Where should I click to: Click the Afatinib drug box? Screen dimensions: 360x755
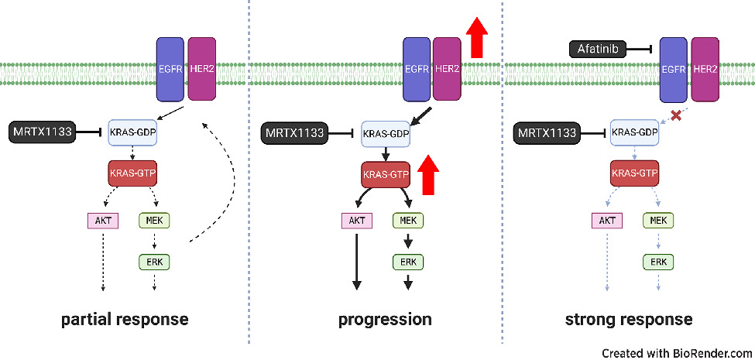(x=600, y=50)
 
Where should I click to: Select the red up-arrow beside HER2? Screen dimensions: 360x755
(x=479, y=38)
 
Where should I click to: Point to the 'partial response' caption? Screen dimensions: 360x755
(x=125, y=319)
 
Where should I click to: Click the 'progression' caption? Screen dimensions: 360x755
(x=385, y=319)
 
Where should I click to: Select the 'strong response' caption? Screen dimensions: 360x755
(x=629, y=319)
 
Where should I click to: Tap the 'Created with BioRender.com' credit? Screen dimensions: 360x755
(x=675, y=352)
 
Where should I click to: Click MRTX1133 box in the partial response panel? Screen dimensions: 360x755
(x=43, y=132)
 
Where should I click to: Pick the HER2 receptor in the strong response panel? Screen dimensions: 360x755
(x=705, y=70)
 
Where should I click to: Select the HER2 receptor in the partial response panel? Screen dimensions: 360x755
(x=201, y=70)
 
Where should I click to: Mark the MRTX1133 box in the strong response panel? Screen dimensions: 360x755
(x=547, y=134)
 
